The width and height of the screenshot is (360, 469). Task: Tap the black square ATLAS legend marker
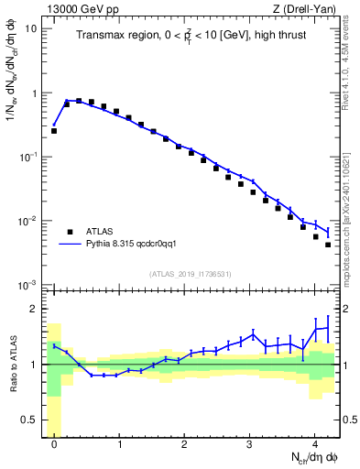70,231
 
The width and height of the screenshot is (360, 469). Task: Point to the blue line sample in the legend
71,245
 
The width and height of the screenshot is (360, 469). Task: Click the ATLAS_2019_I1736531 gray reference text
191,274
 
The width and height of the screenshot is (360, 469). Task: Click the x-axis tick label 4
315,441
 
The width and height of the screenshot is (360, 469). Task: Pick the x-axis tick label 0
55,441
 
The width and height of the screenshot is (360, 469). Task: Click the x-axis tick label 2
185,441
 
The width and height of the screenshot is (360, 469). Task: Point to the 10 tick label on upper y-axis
30,28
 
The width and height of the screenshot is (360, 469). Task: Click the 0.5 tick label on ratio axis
27,420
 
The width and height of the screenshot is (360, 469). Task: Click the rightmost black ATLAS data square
328,245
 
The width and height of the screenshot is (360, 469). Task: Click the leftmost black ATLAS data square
54,131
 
